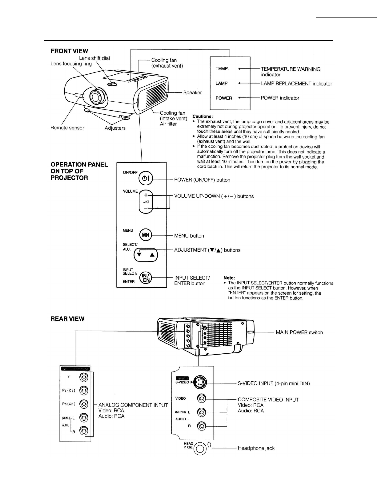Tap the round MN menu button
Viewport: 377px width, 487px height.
[x=146, y=235]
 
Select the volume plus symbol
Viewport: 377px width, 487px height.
[x=146, y=195]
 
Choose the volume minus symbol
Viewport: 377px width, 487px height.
[x=146, y=208]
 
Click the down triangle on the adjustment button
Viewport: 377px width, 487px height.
[x=139, y=255]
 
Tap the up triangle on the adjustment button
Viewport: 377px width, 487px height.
[x=152, y=255]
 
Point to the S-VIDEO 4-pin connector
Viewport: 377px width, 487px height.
[x=200, y=383]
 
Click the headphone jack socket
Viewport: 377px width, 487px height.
[x=200, y=449]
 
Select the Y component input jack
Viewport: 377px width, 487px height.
[x=84, y=377]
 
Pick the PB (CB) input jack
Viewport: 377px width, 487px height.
[x=84, y=391]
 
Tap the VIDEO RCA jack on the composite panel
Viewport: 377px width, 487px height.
[x=201, y=399]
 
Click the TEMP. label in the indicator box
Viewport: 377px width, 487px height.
[x=222, y=69]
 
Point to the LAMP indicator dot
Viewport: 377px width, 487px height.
[x=239, y=83]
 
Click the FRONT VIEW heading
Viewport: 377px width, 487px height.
[x=69, y=51]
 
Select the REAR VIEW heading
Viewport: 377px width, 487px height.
[x=67, y=319]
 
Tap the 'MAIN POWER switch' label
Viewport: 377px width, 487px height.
[x=299, y=332]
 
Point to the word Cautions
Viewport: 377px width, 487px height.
[x=203, y=116]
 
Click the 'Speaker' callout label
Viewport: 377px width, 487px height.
[x=192, y=92]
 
